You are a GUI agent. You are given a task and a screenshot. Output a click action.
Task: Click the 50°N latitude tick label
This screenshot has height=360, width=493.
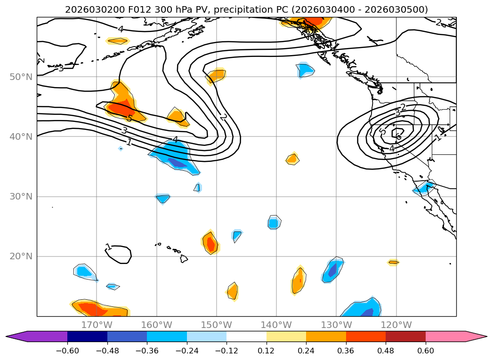21,77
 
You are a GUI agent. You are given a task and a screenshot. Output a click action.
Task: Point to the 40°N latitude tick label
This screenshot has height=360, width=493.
21,137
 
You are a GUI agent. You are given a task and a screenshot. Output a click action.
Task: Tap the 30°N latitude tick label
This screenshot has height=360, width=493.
21,197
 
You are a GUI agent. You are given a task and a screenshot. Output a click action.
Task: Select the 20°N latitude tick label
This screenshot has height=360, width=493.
21,256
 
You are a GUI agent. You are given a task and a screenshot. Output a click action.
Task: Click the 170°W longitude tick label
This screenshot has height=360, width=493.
97,325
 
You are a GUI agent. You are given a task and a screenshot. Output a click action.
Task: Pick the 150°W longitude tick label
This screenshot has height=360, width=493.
217,325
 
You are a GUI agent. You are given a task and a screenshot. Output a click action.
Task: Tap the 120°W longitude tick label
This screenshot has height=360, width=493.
396,325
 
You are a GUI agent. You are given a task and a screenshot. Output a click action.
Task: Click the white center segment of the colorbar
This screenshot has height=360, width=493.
246,336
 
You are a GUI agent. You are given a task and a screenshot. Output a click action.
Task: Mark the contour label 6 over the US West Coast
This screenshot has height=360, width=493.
399,137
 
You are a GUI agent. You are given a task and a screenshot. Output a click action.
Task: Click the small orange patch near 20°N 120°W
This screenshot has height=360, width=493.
393,262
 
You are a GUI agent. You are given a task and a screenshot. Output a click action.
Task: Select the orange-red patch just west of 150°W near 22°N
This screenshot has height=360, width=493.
211,243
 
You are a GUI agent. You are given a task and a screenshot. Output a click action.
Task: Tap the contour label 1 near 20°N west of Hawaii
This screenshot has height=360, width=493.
109,247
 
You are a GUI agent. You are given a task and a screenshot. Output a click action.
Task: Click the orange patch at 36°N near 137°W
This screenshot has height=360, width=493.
293,159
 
